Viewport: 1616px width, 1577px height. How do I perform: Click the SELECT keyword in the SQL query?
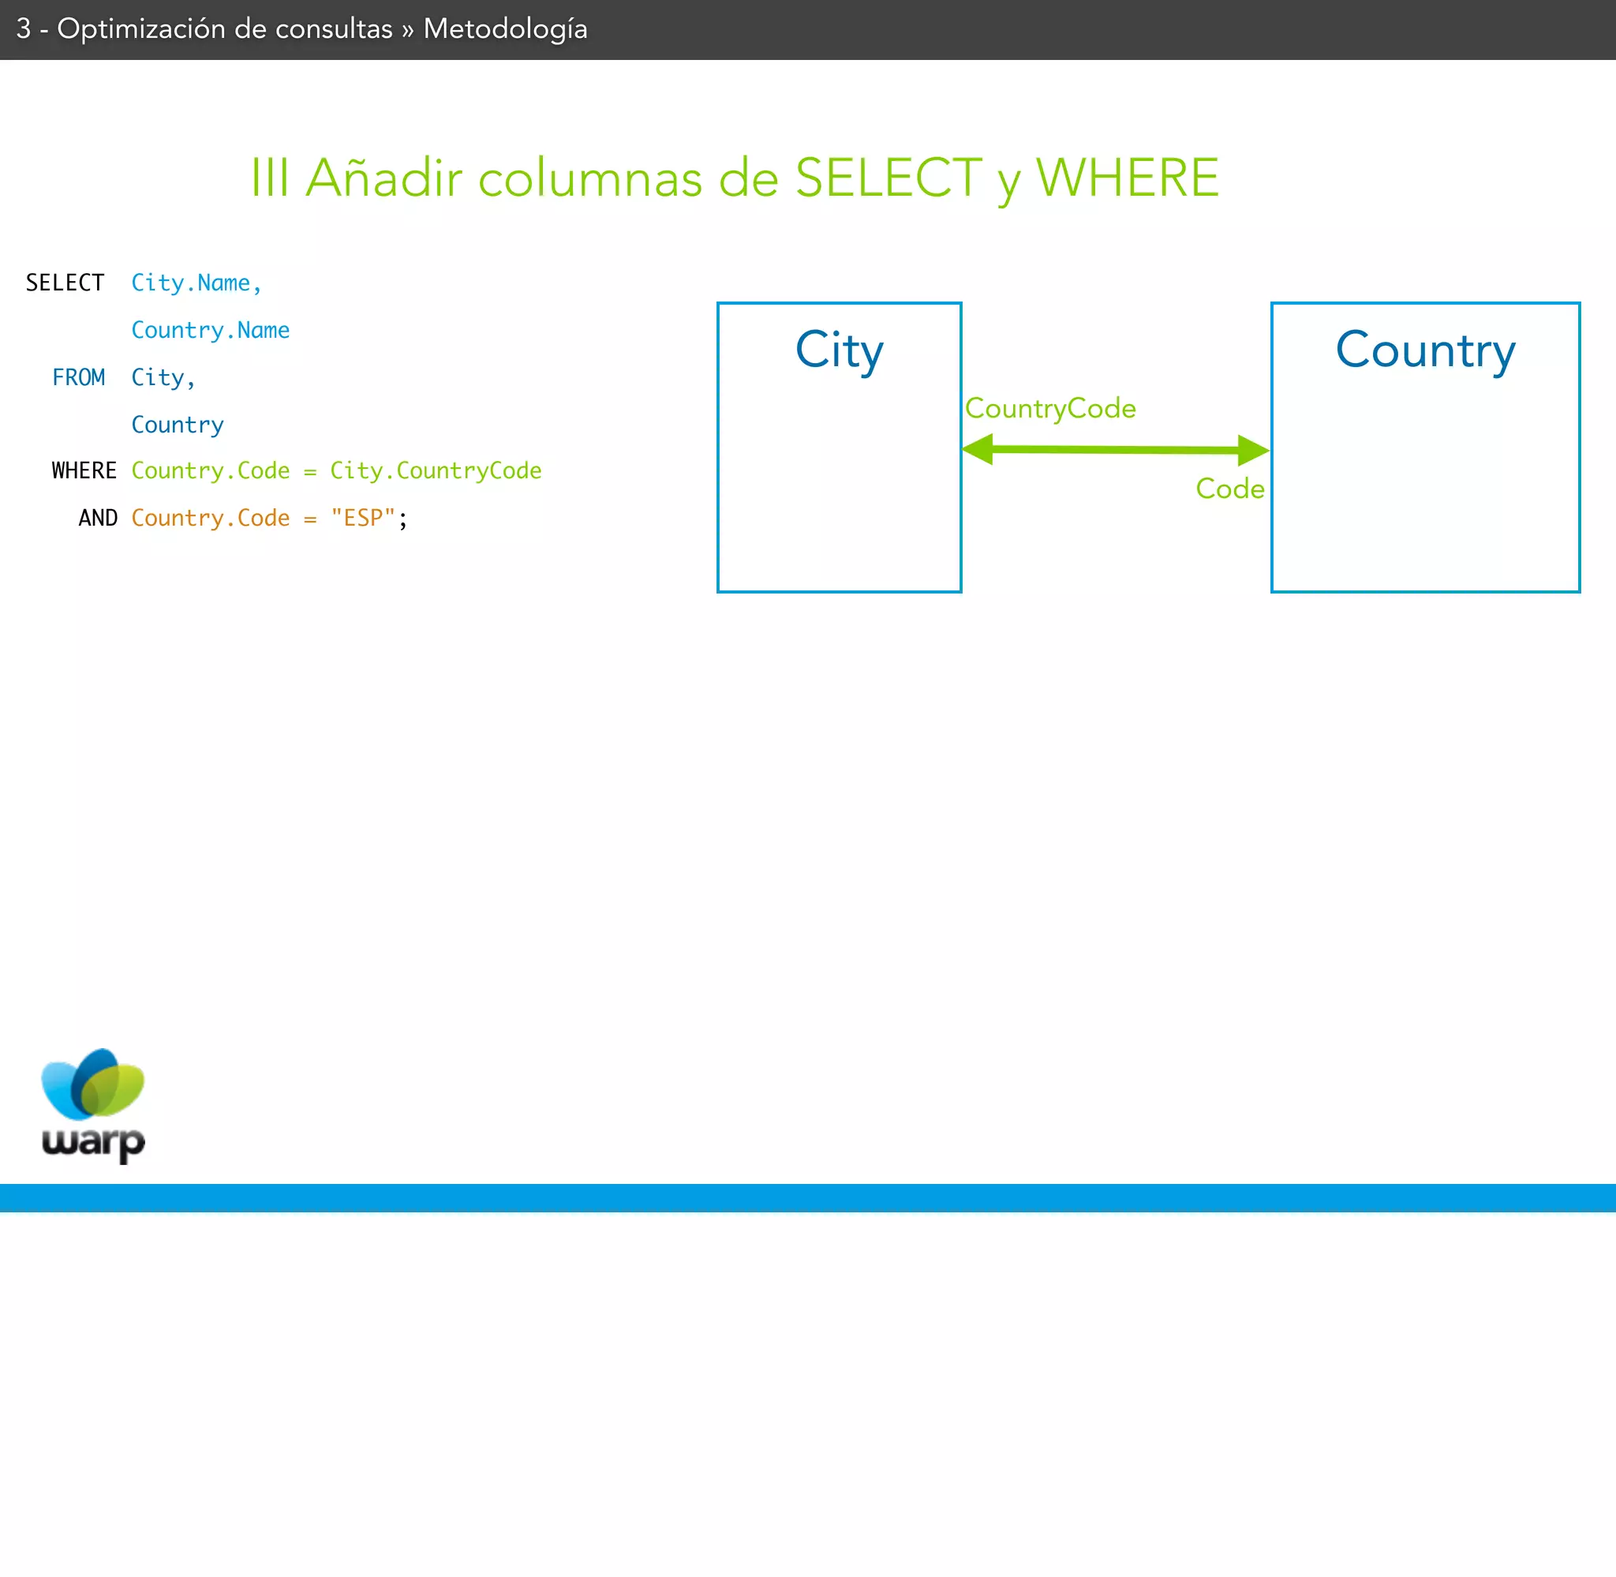coord(65,283)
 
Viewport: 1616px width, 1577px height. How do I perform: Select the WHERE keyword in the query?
coord(84,470)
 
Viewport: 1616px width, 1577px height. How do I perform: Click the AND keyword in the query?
coord(98,518)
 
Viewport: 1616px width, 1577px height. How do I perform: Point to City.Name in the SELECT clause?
coord(196,283)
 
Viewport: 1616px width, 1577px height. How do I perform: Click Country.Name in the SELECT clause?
coord(210,330)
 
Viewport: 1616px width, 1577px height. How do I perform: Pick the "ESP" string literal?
coord(363,518)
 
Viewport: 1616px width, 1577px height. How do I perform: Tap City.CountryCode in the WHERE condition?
coord(436,470)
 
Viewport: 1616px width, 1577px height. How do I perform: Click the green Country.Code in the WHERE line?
coord(210,470)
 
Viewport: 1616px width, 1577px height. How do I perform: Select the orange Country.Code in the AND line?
coord(210,518)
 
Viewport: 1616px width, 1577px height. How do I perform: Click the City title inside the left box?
coord(839,350)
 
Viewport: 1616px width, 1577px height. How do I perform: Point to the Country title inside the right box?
coord(1425,350)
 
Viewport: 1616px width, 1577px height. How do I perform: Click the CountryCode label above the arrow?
coord(1049,408)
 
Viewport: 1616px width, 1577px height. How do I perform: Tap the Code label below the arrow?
coord(1229,489)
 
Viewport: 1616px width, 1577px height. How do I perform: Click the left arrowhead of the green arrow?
coord(978,449)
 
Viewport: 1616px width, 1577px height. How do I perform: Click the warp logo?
coord(93,1104)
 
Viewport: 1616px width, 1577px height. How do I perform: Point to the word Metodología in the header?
coord(505,29)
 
